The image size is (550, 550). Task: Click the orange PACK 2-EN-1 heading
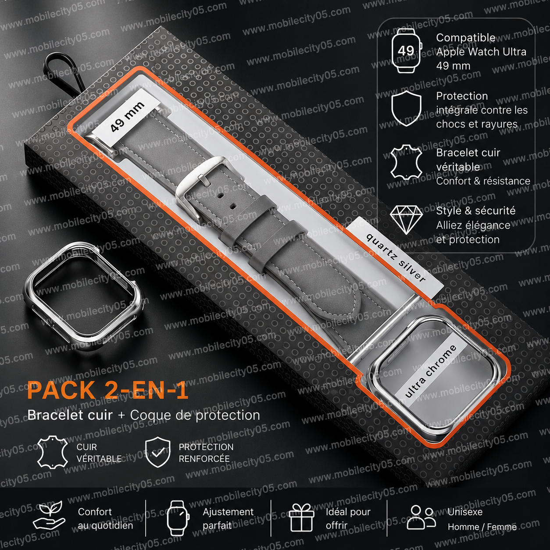click(107, 390)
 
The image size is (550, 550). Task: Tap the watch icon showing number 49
click(406, 51)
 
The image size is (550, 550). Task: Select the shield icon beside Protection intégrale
click(406, 109)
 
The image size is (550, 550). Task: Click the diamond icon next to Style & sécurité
click(406, 220)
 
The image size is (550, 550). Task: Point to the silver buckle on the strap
click(197, 186)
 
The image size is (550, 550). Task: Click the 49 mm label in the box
click(127, 117)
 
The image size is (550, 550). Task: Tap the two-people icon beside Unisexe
click(421, 517)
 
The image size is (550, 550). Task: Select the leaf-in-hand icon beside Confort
click(50, 516)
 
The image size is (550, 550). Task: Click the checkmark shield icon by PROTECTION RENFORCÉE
click(157, 452)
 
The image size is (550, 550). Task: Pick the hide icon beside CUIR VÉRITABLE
click(53, 452)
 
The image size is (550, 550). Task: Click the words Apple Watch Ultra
click(481, 52)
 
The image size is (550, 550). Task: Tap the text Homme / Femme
click(482, 527)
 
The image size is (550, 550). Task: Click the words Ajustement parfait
click(228, 518)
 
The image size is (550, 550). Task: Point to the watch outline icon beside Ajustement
click(178, 518)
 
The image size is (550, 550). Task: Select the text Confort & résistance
click(483, 181)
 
